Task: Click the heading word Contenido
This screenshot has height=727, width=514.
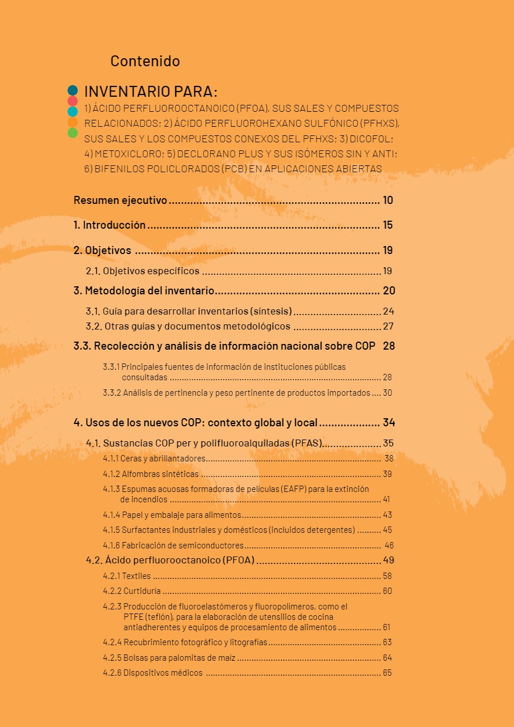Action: coord(145,61)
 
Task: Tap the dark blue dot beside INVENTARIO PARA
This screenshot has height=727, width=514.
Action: coord(73,90)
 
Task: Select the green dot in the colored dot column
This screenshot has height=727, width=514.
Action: coord(73,133)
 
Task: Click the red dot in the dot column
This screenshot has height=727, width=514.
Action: coord(73,101)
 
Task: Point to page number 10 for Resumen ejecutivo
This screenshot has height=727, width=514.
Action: coord(388,200)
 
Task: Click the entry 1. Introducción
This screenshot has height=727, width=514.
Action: coord(109,225)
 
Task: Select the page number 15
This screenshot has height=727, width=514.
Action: coord(388,225)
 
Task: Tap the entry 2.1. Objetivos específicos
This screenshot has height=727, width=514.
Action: coord(142,271)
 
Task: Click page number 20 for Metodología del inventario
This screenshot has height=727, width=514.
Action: coord(389,290)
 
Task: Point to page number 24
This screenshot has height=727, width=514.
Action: coord(388,311)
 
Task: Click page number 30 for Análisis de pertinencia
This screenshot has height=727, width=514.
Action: coord(387,393)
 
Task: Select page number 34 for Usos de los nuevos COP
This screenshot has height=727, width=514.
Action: coord(389,422)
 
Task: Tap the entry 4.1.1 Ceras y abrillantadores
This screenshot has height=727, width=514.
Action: coord(154,459)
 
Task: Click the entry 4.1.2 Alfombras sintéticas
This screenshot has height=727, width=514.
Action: coord(150,474)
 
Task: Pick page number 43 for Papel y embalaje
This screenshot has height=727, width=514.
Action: coord(387,515)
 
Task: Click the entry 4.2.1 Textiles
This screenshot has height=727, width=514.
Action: coord(127,575)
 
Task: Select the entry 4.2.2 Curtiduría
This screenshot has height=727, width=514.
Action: coord(132,591)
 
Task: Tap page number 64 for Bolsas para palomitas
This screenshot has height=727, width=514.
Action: coord(387,657)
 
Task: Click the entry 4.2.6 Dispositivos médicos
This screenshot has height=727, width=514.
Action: coord(153,672)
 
